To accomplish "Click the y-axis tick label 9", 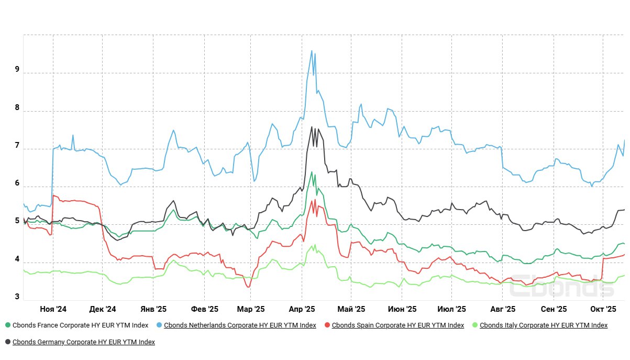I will pyautogui.click(x=17, y=69).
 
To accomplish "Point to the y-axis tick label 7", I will pyautogui.click(x=17, y=145).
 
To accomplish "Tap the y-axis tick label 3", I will pyautogui.click(x=17, y=297).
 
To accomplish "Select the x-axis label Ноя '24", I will pyautogui.click(x=53, y=309).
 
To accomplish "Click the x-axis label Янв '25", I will pyautogui.click(x=154, y=309).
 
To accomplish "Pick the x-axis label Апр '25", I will pyautogui.click(x=302, y=309).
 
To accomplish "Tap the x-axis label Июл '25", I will pyautogui.click(x=451, y=309).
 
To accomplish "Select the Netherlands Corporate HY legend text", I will pyautogui.click(x=240, y=325).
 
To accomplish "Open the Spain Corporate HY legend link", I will pyautogui.click(x=398, y=325).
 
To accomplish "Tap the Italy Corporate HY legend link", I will pyautogui.click(x=544, y=325).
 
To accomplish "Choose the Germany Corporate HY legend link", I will pyautogui.click(x=84, y=342).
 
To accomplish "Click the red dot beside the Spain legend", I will pyautogui.click(x=327, y=325).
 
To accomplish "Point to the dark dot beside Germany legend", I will pyautogui.click(x=7, y=342).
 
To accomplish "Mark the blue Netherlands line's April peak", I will pyautogui.click(x=312, y=51).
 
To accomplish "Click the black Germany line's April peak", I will pyautogui.click(x=312, y=127).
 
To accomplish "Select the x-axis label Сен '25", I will pyautogui.click(x=554, y=309).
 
